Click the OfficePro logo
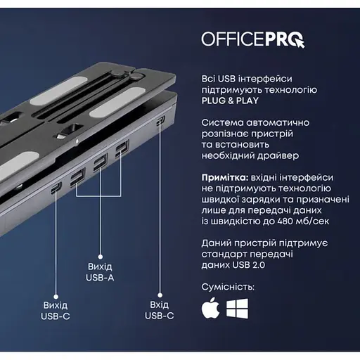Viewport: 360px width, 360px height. tap(253, 39)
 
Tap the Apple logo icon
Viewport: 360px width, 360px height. tap(210, 308)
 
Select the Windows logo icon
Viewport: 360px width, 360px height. tap(237, 309)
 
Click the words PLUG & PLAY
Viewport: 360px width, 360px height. tap(230, 101)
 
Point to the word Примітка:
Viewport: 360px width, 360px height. tap(225, 178)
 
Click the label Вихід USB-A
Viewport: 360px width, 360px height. tap(100, 272)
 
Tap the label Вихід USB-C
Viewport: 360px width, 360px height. tap(56, 311)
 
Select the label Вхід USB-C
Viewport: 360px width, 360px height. tap(160, 310)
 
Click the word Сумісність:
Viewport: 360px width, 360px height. tap(228, 287)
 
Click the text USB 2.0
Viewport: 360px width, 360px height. tap(249, 265)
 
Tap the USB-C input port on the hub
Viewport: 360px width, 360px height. tap(160, 120)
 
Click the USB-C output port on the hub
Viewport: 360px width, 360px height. tap(56, 188)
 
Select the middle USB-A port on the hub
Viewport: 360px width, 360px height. tap(101, 162)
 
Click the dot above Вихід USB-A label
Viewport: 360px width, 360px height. tap(101, 257)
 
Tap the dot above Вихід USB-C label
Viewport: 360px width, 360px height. tap(56, 297)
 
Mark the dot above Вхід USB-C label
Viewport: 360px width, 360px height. tap(160, 295)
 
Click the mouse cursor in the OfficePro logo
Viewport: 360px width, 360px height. tap(299, 43)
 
